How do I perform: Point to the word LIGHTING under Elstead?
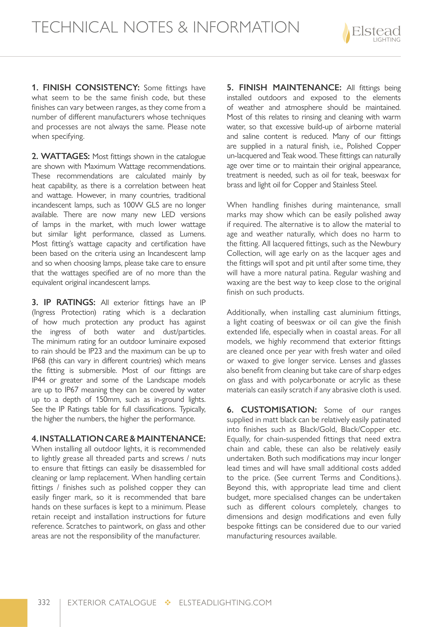pos(387,40)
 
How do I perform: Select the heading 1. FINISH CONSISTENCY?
pos(86,88)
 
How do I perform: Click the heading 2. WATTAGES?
pos(61,156)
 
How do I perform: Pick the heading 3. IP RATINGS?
pos(64,302)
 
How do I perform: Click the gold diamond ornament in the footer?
pos(168,603)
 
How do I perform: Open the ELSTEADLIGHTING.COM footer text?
pos(225,603)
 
